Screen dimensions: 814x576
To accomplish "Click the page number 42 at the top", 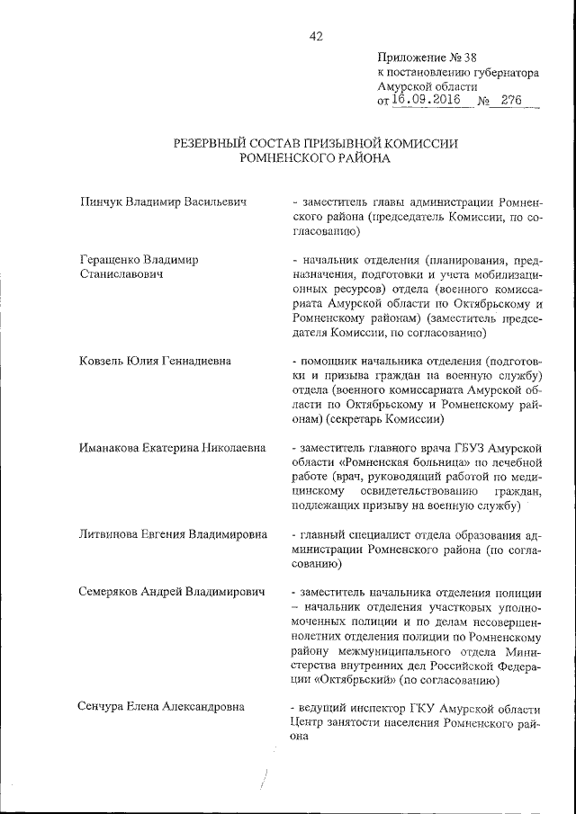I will (315, 36).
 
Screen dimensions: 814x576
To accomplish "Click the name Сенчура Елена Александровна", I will (163, 706).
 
